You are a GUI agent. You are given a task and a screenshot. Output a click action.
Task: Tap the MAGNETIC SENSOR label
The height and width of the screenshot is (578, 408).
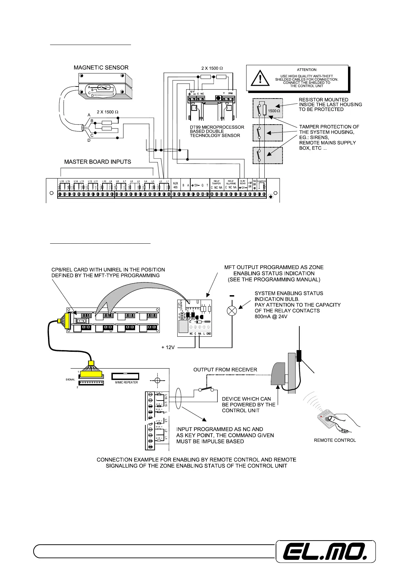coord(101,68)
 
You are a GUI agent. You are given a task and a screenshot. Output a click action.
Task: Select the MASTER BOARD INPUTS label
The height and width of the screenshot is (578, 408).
coord(98,162)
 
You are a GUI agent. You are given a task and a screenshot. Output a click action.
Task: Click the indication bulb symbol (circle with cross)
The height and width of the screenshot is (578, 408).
coord(232,311)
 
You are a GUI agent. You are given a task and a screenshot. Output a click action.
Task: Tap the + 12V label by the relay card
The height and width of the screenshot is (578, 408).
coord(168,347)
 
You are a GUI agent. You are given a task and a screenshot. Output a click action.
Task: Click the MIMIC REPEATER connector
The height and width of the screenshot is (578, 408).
coord(126,377)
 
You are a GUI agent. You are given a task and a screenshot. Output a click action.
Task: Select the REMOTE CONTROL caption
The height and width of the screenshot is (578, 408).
coord(335,440)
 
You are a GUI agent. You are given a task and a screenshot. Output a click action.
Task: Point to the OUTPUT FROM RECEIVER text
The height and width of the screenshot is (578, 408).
coord(225,370)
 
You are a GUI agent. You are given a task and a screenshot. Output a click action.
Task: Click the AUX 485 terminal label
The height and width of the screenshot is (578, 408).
coord(176,185)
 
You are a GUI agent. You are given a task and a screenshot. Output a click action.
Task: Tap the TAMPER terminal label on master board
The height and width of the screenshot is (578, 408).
coord(262,181)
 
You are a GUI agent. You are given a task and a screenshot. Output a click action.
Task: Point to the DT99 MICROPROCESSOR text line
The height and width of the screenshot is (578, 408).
coord(217,127)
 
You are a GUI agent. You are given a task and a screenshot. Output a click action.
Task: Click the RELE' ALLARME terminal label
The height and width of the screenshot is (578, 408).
coord(230,182)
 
